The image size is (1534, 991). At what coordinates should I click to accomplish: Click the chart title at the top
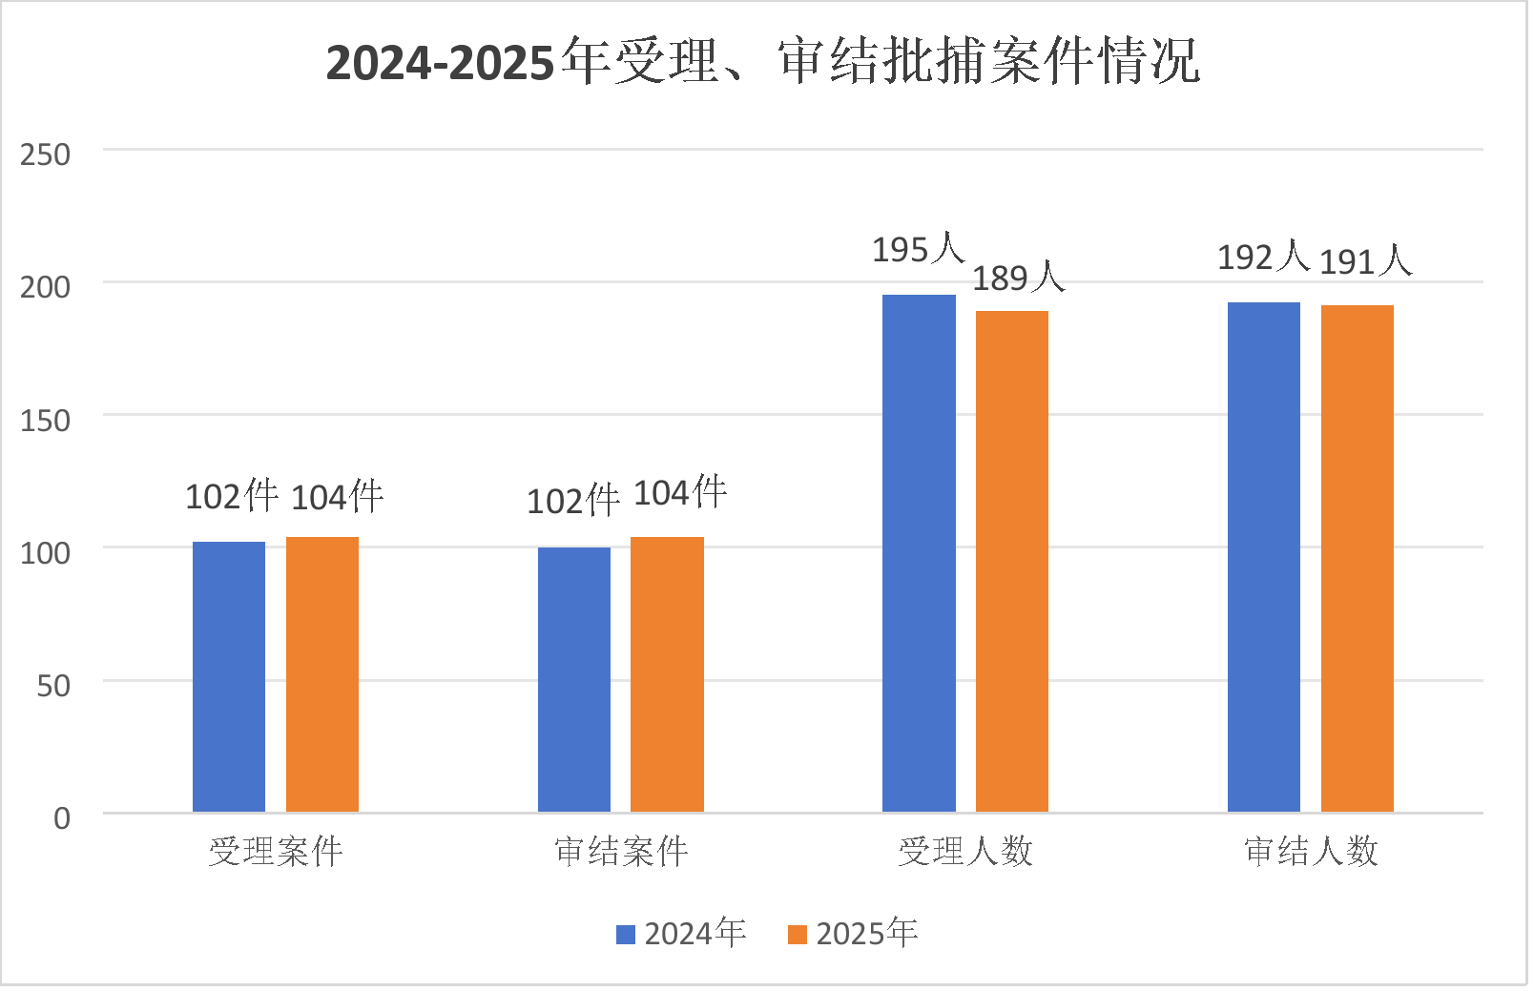pos(763,61)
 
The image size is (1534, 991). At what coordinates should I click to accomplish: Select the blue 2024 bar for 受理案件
pos(229,676)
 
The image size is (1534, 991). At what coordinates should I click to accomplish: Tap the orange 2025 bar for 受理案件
pos(322,674)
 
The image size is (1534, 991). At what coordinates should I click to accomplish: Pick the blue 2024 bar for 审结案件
pos(574,679)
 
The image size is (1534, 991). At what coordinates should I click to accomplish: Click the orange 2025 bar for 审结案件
pos(667,674)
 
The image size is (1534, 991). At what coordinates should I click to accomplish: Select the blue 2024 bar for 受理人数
pos(919,553)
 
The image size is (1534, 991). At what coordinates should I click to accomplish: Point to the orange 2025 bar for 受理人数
pos(1011,561)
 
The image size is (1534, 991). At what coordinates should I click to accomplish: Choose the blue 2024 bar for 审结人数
pos(1263,557)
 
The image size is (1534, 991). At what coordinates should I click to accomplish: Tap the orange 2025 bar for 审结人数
pos(1357,558)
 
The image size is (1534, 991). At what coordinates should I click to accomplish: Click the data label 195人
pos(918,249)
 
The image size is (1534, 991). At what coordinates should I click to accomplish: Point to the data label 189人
pos(1018,278)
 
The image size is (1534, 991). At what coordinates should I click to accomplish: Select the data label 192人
pos(1262,257)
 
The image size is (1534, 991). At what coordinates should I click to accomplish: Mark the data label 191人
pos(1364,260)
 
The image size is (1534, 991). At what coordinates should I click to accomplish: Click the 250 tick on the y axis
pos(45,155)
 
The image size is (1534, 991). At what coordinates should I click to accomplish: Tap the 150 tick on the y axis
pos(45,420)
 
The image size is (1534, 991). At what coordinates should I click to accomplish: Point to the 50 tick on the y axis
pos(53,686)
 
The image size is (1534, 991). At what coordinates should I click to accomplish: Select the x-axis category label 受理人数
pos(965,851)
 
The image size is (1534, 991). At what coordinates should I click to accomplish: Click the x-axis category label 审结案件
pos(621,851)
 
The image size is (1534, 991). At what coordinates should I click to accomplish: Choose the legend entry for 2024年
pos(682,933)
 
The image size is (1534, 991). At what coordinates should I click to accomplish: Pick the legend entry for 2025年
pos(854,933)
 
